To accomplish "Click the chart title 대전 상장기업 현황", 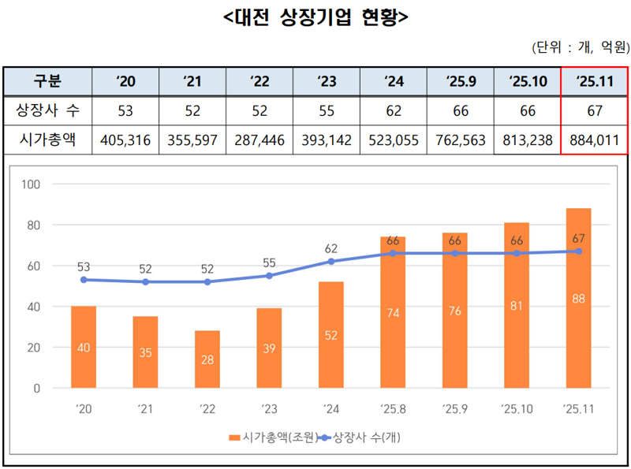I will click(x=315, y=17).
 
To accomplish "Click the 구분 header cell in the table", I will click(x=47, y=80).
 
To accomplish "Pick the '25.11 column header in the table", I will click(x=594, y=80).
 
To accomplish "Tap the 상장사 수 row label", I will click(x=47, y=110).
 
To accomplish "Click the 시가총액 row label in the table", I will click(x=47, y=140).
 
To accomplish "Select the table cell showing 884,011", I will click(x=594, y=140).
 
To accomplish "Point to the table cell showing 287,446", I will click(x=259, y=140).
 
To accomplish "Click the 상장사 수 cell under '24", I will click(x=394, y=110).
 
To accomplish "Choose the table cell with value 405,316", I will click(x=125, y=140).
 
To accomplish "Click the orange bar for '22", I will click(x=207, y=359).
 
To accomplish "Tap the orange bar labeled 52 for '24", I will click(x=331, y=335).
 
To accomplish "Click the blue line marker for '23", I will click(x=269, y=276).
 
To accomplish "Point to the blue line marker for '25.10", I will click(x=517, y=253).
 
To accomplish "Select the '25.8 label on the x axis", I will click(x=393, y=408).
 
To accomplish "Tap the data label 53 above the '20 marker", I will click(x=83, y=266).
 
